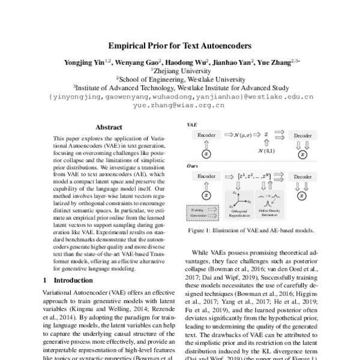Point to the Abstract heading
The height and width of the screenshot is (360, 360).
[109, 127]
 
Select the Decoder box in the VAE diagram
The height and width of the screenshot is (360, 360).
[302, 136]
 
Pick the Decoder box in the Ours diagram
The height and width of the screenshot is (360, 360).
[302, 178]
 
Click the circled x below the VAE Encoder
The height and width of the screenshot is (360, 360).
[206, 154]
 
